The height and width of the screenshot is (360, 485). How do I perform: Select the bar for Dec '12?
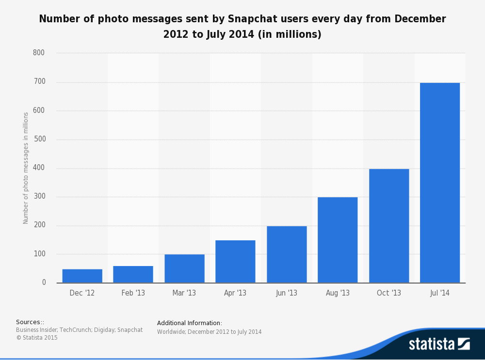tap(82, 276)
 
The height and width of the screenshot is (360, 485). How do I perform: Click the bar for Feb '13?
tap(133, 274)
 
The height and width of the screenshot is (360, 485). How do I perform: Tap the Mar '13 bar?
tap(184, 268)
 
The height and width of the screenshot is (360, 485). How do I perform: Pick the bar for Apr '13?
tap(235, 262)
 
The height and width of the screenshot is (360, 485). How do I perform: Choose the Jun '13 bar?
tap(287, 254)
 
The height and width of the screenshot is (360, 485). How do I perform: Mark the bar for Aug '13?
tap(338, 240)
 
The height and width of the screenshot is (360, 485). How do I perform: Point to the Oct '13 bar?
tap(389, 226)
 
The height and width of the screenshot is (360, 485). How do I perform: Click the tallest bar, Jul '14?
tap(440, 183)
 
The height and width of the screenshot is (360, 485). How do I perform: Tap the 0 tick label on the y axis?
tap(44, 282)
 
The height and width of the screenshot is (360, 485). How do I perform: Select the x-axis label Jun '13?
tap(287, 293)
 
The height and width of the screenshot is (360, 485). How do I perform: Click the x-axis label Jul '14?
tap(440, 293)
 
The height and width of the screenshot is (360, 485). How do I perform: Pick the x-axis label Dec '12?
tap(82, 293)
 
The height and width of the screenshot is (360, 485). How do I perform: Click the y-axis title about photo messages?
tap(26, 168)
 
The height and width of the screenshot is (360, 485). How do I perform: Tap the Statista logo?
tap(439, 344)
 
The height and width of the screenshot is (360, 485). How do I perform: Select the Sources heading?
tap(30, 322)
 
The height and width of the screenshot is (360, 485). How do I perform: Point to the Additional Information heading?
tap(190, 323)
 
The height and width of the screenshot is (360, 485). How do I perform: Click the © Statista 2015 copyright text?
tap(37, 338)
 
